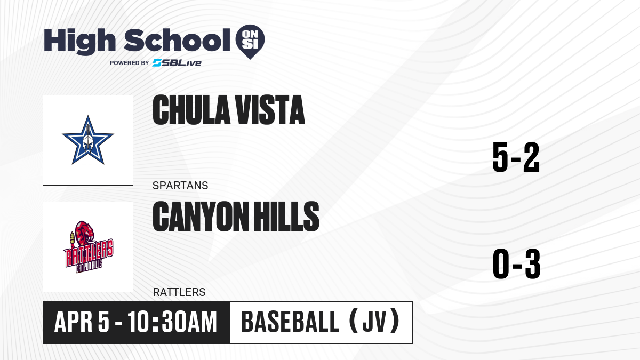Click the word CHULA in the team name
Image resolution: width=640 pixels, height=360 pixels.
(191, 110)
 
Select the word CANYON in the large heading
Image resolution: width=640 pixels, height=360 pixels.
(201, 217)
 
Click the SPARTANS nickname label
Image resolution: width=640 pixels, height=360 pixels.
(180, 186)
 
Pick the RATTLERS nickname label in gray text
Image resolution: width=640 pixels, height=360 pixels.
(179, 292)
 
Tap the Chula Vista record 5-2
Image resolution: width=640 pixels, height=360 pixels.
(516, 157)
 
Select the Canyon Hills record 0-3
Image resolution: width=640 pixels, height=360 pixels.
(516, 263)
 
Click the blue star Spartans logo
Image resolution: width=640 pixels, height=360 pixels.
(88, 140)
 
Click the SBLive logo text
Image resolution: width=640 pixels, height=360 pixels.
(177, 63)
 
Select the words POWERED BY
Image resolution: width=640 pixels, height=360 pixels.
(130, 63)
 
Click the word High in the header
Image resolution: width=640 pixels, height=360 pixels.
(80, 42)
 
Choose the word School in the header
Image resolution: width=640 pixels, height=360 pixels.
(177, 40)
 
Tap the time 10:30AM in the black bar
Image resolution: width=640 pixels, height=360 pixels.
(172, 322)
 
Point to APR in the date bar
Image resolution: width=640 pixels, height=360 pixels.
(74, 322)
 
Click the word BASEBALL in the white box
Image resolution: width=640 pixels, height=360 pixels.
(290, 322)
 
